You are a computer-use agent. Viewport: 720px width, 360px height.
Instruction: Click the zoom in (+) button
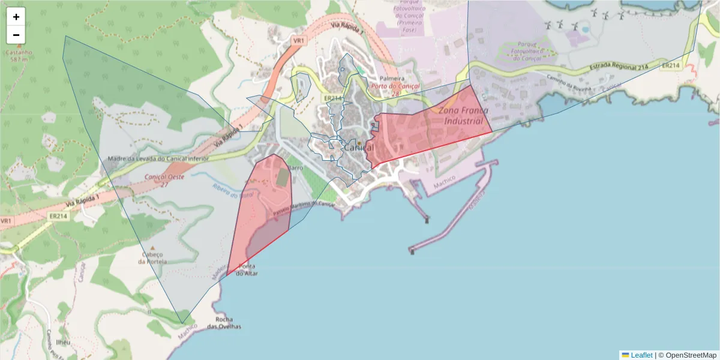pyautogui.click(x=16, y=17)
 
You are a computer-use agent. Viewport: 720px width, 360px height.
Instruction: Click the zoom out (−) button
pyautogui.click(x=16, y=35)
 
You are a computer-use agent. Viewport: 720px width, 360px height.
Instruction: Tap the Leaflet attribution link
pyautogui.click(x=641, y=355)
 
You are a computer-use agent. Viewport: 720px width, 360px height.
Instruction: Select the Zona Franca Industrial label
pyautogui.click(x=463, y=116)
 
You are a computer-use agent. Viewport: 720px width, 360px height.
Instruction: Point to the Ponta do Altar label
pyautogui.click(x=247, y=269)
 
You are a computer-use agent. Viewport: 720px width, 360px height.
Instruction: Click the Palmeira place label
pyautogui.click(x=391, y=79)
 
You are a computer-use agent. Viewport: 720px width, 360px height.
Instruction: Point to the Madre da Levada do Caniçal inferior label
pyautogui.click(x=158, y=159)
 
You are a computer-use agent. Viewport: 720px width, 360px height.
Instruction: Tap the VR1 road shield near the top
pyautogui.click(x=298, y=40)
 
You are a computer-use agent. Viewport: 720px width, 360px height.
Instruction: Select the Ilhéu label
pyautogui.click(x=63, y=342)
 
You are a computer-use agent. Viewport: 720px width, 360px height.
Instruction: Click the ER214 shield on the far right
pyautogui.click(x=670, y=65)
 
